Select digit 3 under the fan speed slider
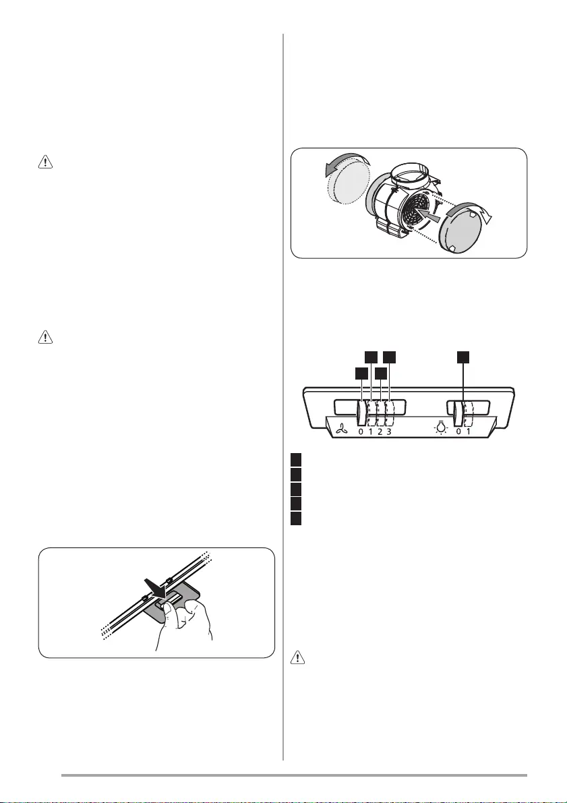point(389,431)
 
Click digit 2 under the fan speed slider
point(380,431)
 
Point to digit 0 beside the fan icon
point(361,431)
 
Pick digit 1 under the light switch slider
point(468,431)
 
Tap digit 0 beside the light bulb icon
point(458,431)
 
